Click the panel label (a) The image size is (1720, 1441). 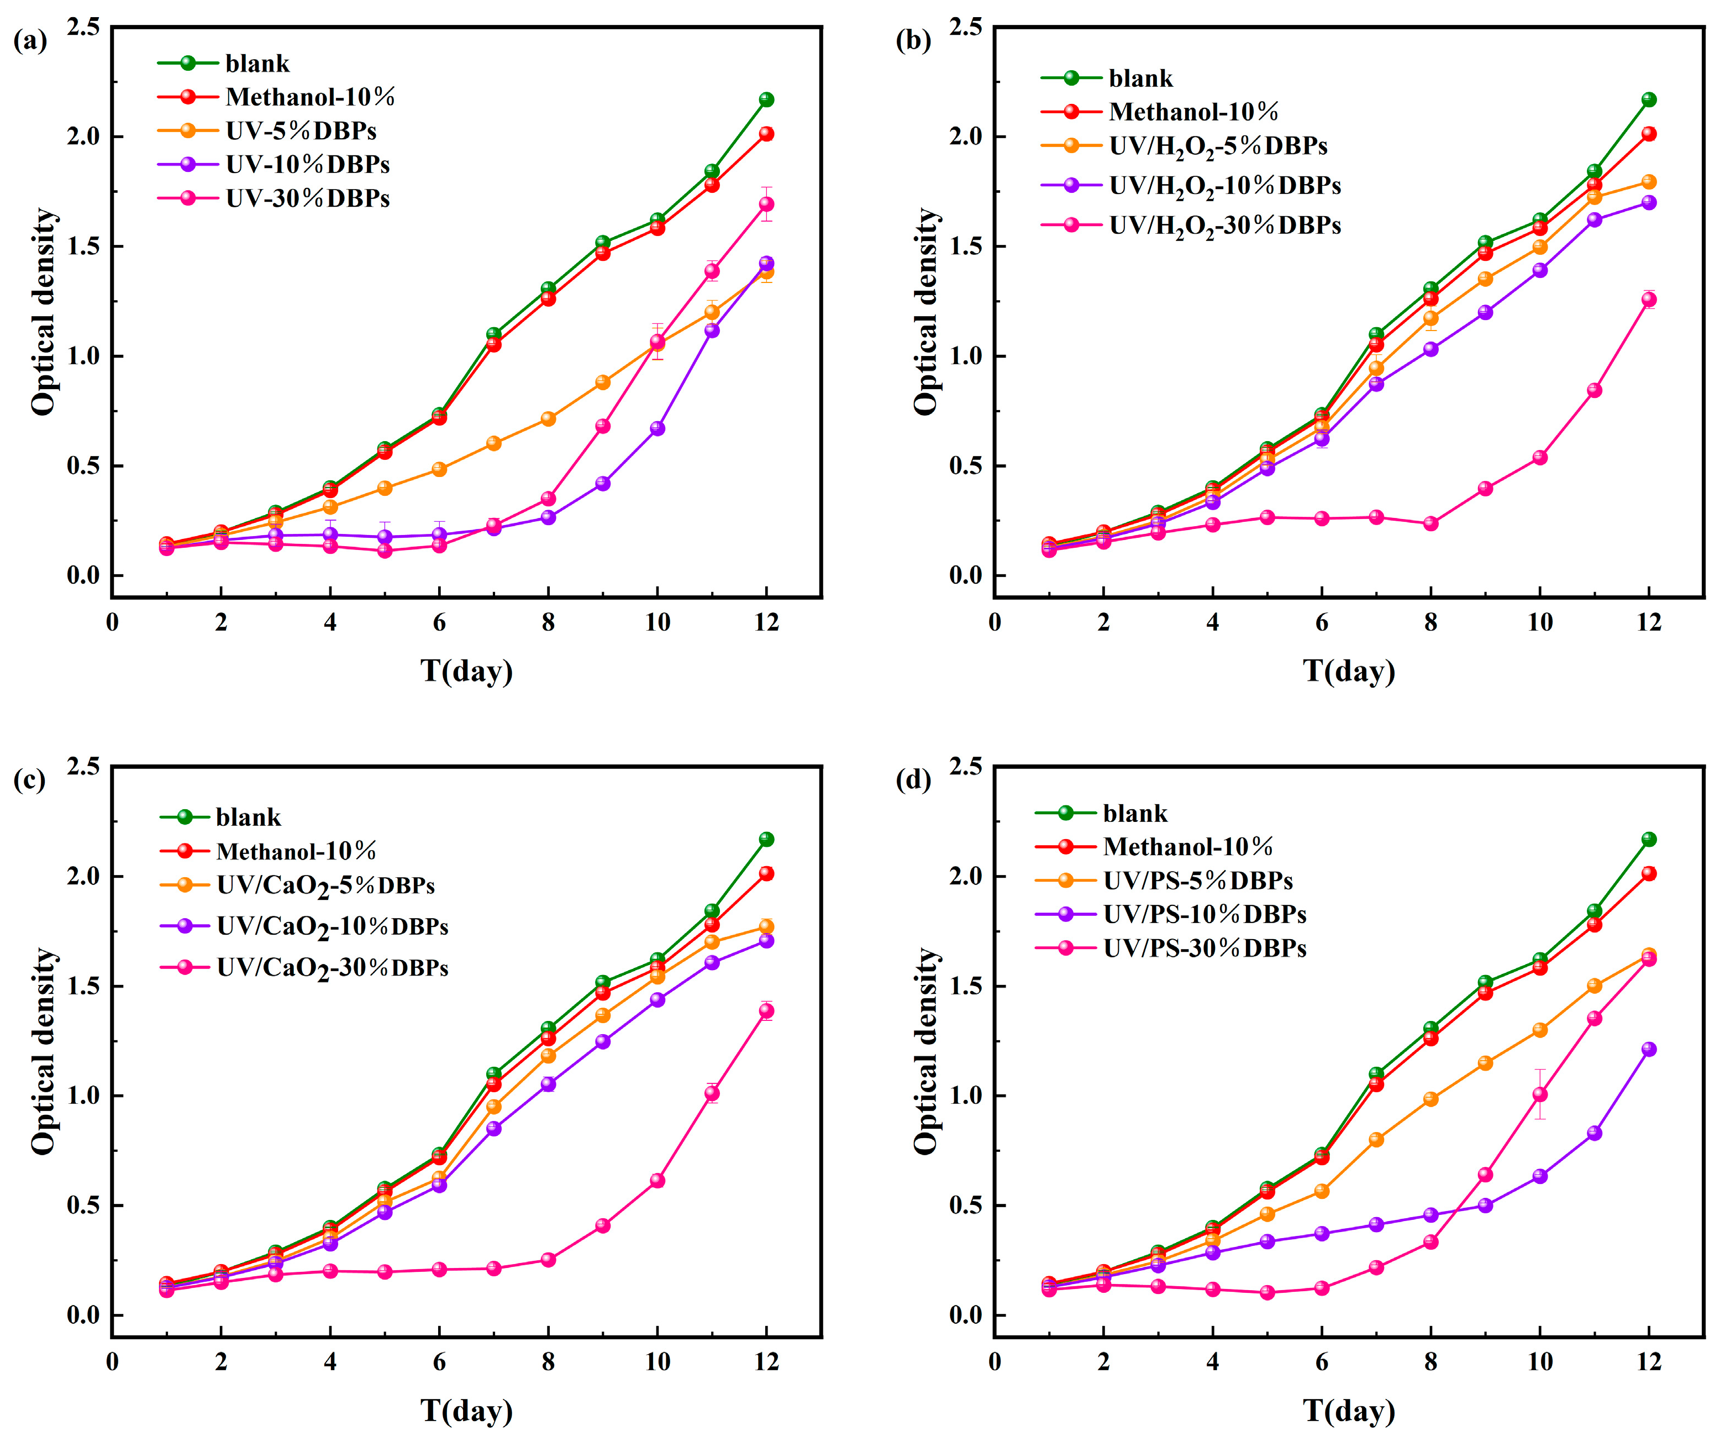[x=30, y=40]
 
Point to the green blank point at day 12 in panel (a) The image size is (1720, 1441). [x=767, y=100]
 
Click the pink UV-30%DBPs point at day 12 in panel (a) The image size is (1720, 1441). [x=767, y=204]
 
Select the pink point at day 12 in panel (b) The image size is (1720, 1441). [x=1649, y=300]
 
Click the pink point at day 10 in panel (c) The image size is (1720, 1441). [x=657, y=1181]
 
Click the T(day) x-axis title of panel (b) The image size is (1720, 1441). [x=1349, y=671]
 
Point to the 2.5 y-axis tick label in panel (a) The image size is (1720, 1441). [x=83, y=27]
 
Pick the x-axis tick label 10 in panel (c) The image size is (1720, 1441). [x=657, y=1363]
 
